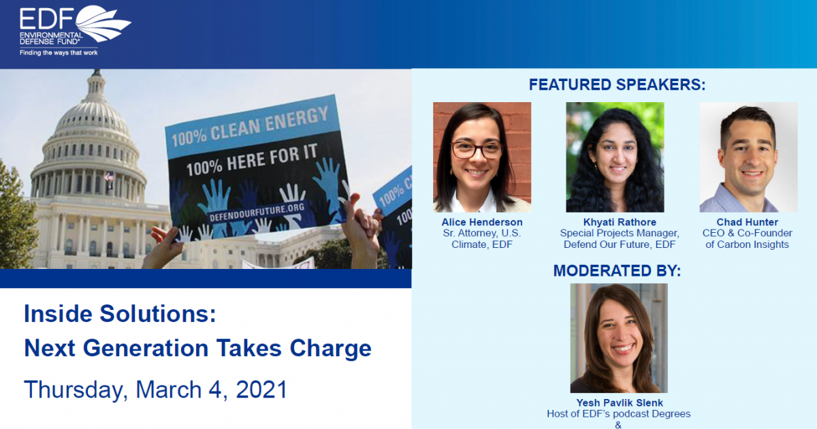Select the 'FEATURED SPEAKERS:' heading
617,85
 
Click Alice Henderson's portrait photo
482,157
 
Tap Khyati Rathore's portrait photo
615,157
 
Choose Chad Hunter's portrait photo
748,157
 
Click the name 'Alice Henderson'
482,223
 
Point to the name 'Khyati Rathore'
615,223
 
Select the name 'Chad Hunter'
748,223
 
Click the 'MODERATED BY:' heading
617,270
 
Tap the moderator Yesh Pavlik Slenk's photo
619,338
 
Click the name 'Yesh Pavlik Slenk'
619,403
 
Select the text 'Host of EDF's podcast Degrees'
619,414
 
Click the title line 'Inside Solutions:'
120,314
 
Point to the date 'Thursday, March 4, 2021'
155,390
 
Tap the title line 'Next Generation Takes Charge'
197,348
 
